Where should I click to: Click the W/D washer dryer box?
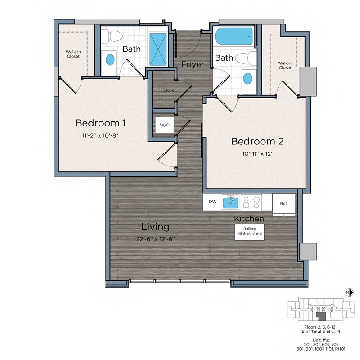pyautogui.click(x=162, y=125)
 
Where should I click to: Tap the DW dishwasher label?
pyautogui.click(x=213, y=202)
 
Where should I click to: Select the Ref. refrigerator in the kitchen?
pyautogui.click(x=284, y=204)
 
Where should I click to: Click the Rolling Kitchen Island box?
pyautogui.click(x=249, y=231)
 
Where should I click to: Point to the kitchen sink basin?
pyautogui.click(x=232, y=202)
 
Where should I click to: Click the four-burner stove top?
pyautogui.click(x=251, y=202)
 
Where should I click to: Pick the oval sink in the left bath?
pyautogui.click(x=110, y=59)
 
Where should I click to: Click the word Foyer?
pyautogui.click(x=192, y=64)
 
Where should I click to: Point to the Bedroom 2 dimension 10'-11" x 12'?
pyautogui.click(x=257, y=153)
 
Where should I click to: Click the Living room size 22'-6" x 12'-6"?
pyautogui.click(x=155, y=238)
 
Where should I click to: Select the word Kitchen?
pyautogui.click(x=248, y=219)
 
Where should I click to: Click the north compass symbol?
pyautogui.click(x=348, y=292)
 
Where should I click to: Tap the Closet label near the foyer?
pyautogui.click(x=170, y=90)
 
